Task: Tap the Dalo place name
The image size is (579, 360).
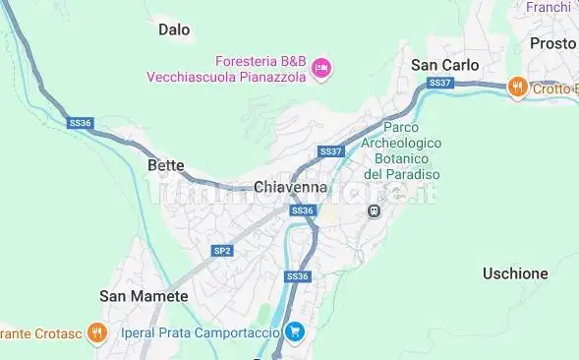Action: point(174,30)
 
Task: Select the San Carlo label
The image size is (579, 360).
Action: point(444,65)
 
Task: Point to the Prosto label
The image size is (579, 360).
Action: point(552,43)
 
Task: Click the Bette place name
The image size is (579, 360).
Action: point(165,165)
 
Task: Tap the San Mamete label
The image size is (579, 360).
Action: point(144,295)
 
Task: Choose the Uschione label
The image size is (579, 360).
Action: point(515,273)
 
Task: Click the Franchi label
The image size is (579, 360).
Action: point(549,7)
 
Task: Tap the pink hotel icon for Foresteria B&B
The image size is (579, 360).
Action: point(321,67)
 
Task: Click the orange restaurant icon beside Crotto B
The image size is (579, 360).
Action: point(517,89)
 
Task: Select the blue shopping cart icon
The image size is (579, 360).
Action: point(293,332)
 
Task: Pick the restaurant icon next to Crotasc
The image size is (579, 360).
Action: point(96,332)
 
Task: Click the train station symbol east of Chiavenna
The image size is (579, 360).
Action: point(374,214)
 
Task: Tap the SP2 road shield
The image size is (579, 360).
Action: point(222,251)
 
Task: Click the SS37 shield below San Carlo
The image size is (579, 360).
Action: point(440,83)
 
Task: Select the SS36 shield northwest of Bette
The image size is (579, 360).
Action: point(81,123)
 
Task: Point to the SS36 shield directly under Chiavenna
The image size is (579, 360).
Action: point(302,210)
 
